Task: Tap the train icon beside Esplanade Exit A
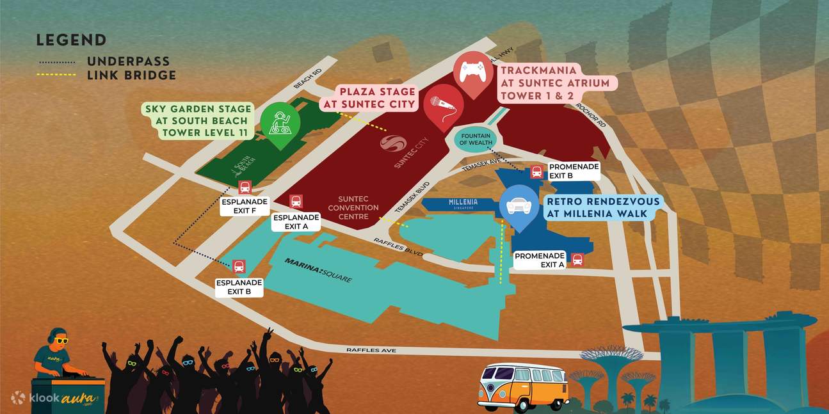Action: tap(296, 202)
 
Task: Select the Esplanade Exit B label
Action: tap(239, 287)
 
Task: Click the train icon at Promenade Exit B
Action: tap(536, 172)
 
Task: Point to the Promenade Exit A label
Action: tap(540, 260)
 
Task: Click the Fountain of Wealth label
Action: tap(474, 138)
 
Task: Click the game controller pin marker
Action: tap(473, 73)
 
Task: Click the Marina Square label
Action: tap(319, 271)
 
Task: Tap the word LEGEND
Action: tap(71, 40)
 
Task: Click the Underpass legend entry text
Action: tap(129, 61)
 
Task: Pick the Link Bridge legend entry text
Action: tap(131, 75)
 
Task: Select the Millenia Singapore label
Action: tap(463, 203)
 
